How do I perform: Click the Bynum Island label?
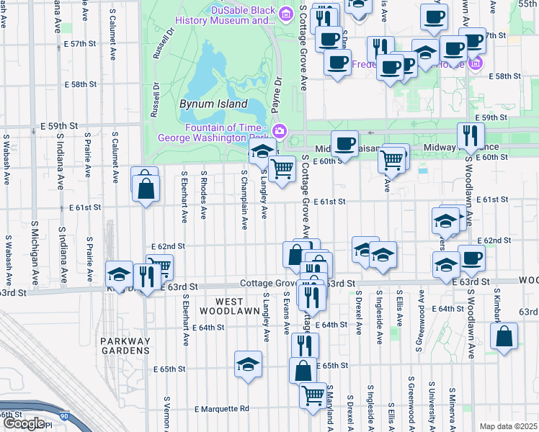point(208,103)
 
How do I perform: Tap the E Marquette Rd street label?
point(220,408)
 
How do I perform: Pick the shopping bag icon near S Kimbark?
point(504,336)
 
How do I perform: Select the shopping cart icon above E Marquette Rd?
point(312,395)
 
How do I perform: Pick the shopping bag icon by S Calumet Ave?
point(146,189)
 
